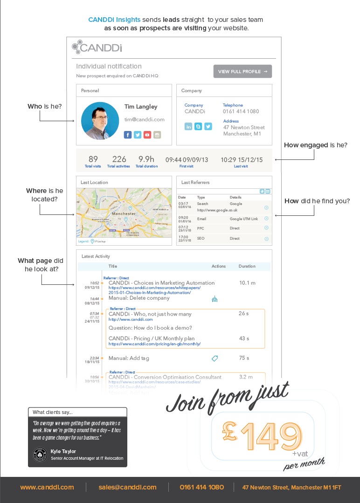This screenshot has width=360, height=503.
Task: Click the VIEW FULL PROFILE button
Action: point(242,71)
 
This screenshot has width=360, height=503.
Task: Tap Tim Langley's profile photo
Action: point(100,121)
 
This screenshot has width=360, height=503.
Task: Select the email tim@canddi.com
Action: point(144,120)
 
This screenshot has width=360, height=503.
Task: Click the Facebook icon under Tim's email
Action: point(128,135)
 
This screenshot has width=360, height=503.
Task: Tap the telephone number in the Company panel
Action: point(241,112)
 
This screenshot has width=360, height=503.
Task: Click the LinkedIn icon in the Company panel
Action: point(188,126)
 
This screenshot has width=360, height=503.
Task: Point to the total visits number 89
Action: point(93,159)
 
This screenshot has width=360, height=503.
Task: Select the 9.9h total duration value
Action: point(146,159)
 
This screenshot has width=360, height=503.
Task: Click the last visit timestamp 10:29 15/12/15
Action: point(241,159)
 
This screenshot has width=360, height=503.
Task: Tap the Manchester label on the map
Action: point(124,214)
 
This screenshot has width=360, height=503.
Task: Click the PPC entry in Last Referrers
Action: point(201,228)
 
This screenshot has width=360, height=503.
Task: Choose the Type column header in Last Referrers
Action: point(201,198)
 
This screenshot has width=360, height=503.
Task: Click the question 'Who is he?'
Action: point(45,107)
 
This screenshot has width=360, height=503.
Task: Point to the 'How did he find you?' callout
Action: point(317,201)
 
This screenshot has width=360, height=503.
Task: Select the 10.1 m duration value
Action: point(247,283)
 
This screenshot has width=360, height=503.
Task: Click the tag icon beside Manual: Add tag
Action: point(215,358)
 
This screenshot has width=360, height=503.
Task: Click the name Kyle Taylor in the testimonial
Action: point(63,451)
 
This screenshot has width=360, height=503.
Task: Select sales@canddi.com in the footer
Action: point(127,487)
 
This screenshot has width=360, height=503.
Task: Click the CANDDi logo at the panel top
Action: point(97,47)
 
